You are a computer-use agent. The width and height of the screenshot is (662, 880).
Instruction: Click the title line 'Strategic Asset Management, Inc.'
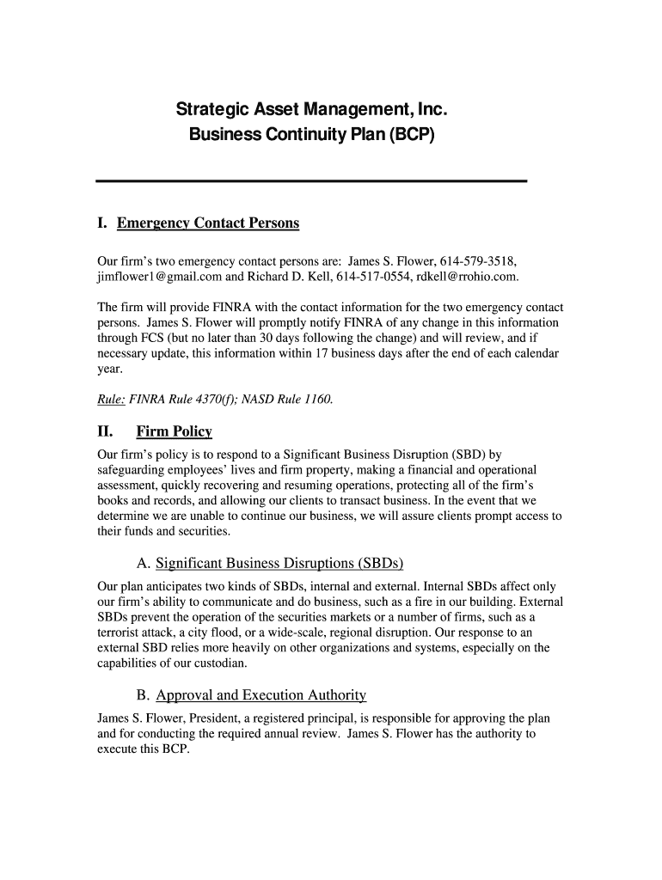point(312,109)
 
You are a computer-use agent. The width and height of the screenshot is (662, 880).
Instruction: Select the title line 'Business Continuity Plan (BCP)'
point(312,135)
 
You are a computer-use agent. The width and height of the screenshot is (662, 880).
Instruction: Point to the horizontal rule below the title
point(310,180)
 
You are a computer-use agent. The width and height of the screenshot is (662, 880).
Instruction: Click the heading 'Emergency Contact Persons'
point(208,223)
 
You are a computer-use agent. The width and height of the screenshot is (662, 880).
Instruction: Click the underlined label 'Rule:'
point(110,400)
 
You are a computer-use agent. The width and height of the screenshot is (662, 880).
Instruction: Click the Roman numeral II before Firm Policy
point(105,431)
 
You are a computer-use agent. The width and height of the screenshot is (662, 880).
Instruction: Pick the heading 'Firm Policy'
point(174,431)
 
